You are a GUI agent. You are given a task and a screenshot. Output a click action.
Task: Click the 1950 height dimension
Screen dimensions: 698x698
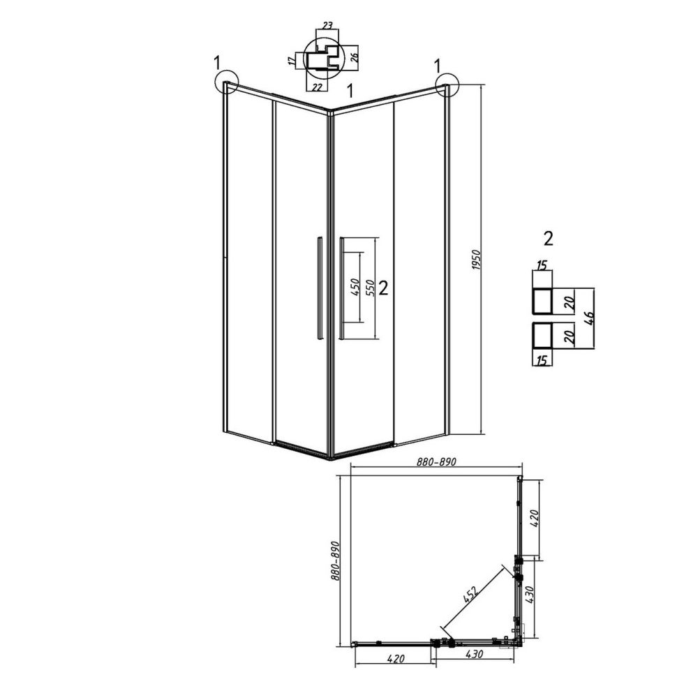click(x=476, y=260)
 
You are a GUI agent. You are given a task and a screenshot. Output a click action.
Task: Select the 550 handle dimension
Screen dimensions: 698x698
click(x=370, y=288)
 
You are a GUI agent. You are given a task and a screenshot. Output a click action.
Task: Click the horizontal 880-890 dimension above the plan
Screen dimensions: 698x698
click(x=436, y=462)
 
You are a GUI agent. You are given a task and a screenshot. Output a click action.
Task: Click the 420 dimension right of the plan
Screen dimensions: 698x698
click(x=535, y=518)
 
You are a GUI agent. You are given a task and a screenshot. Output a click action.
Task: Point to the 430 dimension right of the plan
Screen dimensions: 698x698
click(x=530, y=595)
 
